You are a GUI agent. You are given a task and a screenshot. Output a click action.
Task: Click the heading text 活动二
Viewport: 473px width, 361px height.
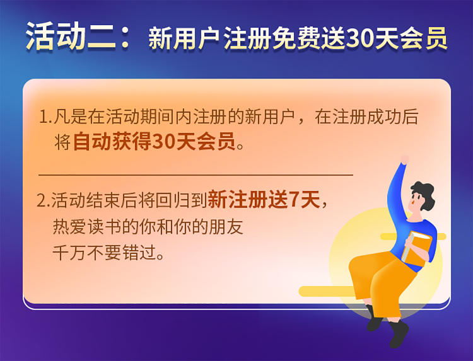(x=71, y=36)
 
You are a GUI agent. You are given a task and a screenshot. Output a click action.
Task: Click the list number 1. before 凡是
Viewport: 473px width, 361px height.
(x=46, y=117)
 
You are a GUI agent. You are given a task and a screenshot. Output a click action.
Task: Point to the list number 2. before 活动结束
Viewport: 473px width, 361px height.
(x=44, y=200)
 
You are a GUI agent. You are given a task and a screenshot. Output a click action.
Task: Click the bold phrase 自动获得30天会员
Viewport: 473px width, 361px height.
(x=154, y=141)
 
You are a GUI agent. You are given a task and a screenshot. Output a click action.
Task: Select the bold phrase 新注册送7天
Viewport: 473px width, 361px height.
(x=264, y=200)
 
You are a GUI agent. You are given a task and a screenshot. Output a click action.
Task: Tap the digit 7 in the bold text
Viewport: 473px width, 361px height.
(x=295, y=200)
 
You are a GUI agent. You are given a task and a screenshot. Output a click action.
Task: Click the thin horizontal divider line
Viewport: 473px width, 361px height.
(x=196, y=175)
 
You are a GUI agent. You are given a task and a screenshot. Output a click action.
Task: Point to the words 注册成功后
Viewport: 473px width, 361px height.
(x=376, y=117)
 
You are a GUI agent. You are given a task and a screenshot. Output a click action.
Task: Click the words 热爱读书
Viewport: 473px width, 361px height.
(x=87, y=227)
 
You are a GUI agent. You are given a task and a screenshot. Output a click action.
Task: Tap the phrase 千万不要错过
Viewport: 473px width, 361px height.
(x=105, y=253)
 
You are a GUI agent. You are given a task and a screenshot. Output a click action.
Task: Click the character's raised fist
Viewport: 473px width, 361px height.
(x=404, y=159)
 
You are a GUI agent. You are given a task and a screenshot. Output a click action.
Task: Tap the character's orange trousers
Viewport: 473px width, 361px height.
(x=381, y=280)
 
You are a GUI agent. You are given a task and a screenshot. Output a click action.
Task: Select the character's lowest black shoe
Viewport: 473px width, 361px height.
(x=399, y=334)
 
